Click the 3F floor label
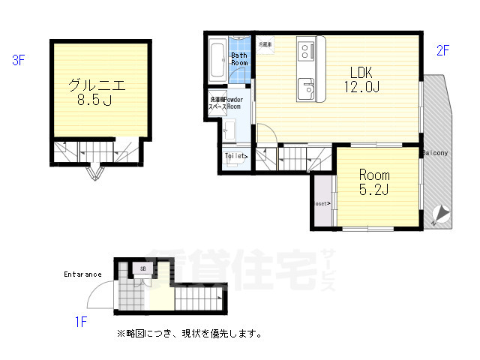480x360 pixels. [x=19, y=61]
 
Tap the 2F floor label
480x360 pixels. [x=442, y=51]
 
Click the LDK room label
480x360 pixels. [x=362, y=73]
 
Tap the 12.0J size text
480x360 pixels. [x=362, y=88]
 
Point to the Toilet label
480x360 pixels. [x=235, y=156]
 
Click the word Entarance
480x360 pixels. [x=82, y=274]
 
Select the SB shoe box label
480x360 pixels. [x=142, y=268]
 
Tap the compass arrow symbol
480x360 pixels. [x=441, y=214]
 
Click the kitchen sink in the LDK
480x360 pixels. [x=307, y=87]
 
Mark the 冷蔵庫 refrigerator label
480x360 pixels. [x=265, y=45]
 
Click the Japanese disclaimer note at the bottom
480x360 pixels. [x=188, y=333]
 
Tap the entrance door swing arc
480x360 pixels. [x=102, y=294]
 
